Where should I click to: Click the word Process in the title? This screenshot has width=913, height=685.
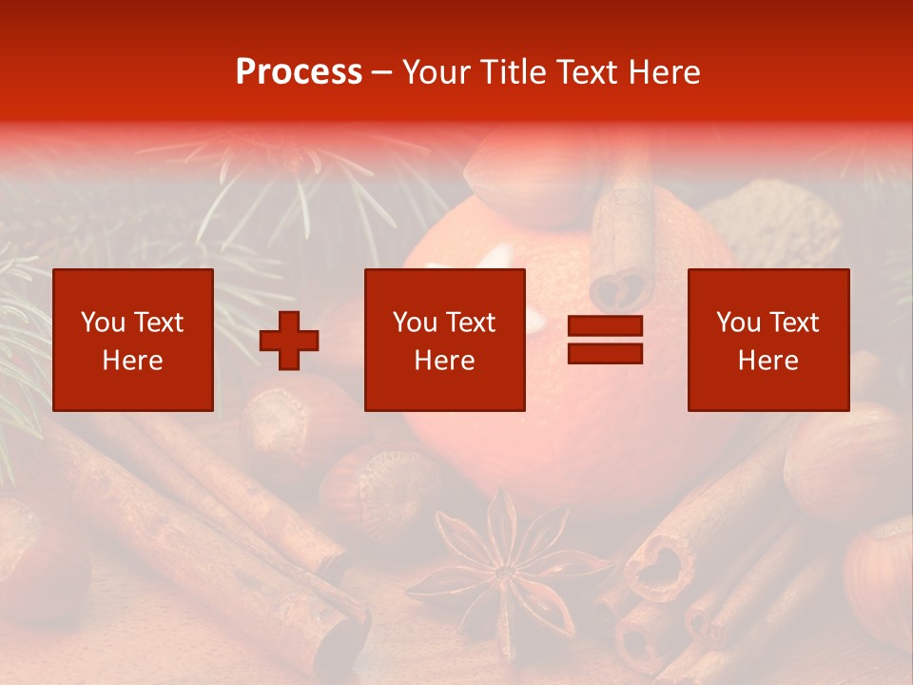pyautogui.click(x=299, y=72)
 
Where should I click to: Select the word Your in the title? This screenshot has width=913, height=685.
pyautogui.click(x=437, y=72)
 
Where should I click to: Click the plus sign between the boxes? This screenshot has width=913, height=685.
pyautogui.click(x=289, y=341)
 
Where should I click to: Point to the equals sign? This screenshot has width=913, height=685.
pyautogui.click(x=605, y=340)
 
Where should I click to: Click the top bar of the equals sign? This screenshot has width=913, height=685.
pyautogui.click(x=605, y=326)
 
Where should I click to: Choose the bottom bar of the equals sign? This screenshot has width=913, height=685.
pyautogui.click(x=605, y=353)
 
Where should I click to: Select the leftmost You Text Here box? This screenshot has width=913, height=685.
pyautogui.click(x=133, y=340)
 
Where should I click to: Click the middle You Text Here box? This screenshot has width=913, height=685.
pyautogui.click(x=445, y=340)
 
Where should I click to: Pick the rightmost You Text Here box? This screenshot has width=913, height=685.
pyautogui.click(x=768, y=340)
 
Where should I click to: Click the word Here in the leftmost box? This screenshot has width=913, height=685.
pyautogui.click(x=132, y=361)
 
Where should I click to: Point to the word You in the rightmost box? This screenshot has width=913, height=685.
pyautogui.click(x=738, y=323)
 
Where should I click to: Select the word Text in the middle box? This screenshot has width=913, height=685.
pyautogui.click(x=471, y=323)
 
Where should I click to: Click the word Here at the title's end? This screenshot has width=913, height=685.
pyautogui.click(x=665, y=72)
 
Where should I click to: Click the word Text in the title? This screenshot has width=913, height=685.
pyautogui.click(x=585, y=72)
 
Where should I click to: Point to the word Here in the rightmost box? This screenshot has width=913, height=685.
pyautogui.click(x=767, y=361)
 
